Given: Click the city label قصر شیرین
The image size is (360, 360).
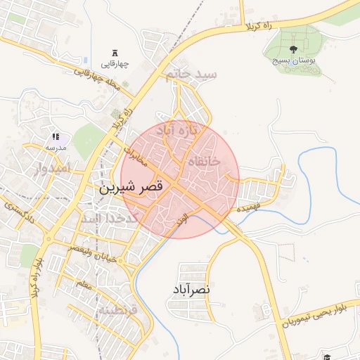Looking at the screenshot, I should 131,188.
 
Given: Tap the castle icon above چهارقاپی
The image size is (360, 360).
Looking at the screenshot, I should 116,53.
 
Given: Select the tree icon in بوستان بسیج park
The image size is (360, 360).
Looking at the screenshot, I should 292,49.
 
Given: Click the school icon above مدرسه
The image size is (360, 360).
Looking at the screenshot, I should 56,136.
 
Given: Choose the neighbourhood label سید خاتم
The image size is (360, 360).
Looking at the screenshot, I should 190,74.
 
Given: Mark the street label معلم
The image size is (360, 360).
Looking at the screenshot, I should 82,285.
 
